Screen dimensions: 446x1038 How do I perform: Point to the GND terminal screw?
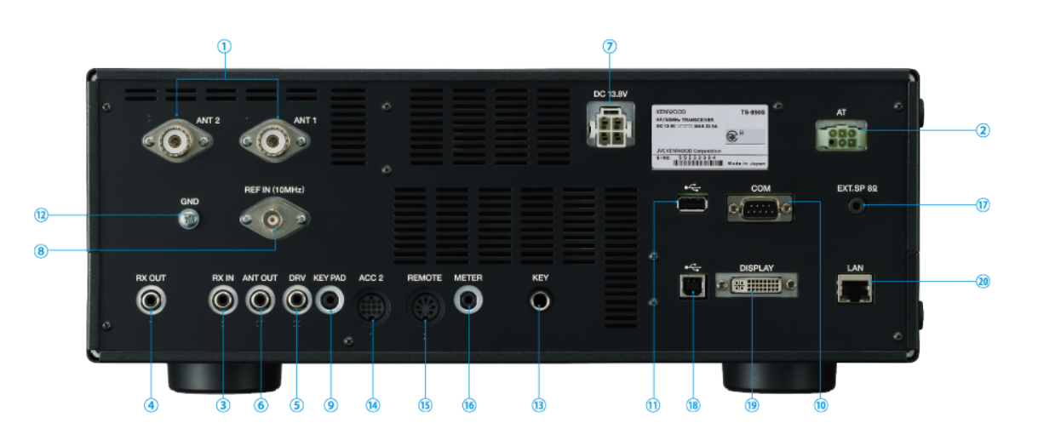coord(189,219)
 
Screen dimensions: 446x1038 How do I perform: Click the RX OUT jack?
coord(152,300)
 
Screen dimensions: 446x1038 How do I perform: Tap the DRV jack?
coord(296,300)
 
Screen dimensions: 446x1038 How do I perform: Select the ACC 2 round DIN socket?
coord(371,306)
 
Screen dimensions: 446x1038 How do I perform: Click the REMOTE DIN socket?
coord(425,306)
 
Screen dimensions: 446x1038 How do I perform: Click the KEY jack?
coord(539,300)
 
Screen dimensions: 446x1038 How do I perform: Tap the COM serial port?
coord(760,207)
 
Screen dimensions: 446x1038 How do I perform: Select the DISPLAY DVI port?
coord(757,285)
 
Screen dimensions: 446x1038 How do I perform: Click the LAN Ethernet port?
coord(856,292)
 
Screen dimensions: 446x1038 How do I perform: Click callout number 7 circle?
coord(610,47)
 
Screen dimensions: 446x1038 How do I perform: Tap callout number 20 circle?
coord(983,280)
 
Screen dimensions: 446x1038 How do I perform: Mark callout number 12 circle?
coord(42,215)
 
